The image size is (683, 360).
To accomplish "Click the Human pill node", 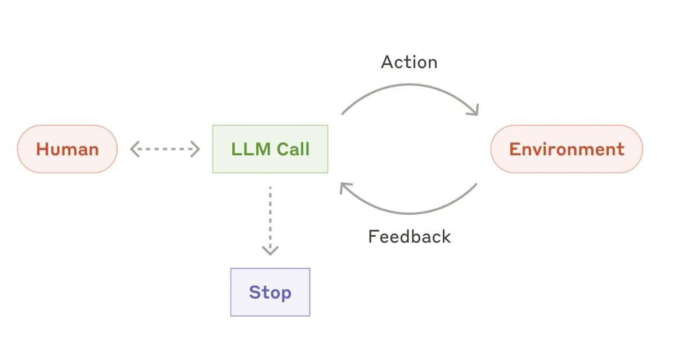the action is tap(68, 149).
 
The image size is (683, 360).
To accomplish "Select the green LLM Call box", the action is tap(270, 149).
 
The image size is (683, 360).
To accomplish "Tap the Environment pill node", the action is tap(567, 149).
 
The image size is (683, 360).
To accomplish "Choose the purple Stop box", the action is tap(270, 292).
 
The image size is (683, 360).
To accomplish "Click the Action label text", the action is tap(409, 62).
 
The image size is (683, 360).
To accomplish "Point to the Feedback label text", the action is tap(409, 237).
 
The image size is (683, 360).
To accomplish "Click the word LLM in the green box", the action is tap(251, 149).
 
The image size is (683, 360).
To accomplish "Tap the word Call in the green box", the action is tap(293, 149).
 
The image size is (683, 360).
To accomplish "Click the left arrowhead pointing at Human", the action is tap(135, 149).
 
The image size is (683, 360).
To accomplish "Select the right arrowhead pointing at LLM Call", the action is tap(195, 149).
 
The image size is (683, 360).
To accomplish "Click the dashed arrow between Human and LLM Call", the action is tap(165, 149).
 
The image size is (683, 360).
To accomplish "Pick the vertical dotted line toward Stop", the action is tap(270, 217).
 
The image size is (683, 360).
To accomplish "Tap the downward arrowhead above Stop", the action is tap(270, 250).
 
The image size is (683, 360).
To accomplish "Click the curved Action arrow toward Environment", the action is tap(410, 84).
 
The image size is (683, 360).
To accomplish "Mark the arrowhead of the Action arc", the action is tap(474, 111).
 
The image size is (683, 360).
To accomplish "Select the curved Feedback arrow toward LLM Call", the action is tap(410, 213).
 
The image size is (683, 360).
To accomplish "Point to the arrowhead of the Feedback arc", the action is tap(345, 187).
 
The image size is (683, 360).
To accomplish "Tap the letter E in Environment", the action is tap(515, 149).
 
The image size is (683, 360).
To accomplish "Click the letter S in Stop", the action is tap(255, 292).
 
